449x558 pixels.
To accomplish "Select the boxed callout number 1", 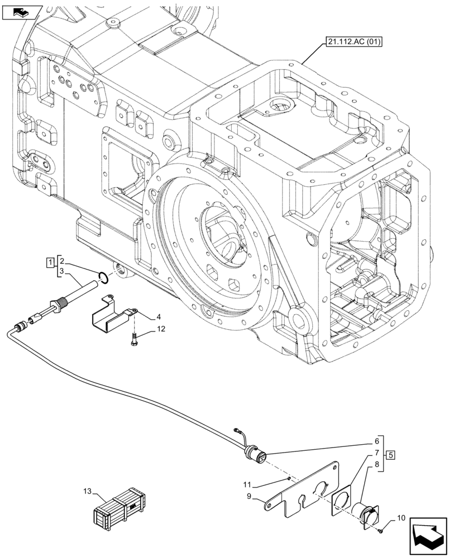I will [51, 261].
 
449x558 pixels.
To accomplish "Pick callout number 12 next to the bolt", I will [145, 330].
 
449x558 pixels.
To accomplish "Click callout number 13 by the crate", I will [88, 491].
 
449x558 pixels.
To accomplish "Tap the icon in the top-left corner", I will [22, 11].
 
